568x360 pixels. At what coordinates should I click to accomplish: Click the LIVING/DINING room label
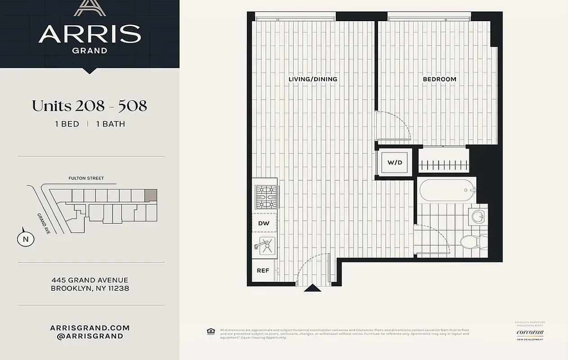pyautogui.click(x=313, y=79)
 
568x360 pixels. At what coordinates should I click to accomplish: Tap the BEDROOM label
pyautogui.click(x=439, y=79)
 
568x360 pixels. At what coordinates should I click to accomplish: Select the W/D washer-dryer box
pyautogui.click(x=394, y=162)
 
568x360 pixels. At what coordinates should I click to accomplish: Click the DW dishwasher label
pyautogui.click(x=263, y=223)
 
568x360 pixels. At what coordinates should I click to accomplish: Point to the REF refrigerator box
pyautogui.click(x=263, y=270)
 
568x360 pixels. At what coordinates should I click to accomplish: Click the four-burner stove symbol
pyautogui.click(x=267, y=197)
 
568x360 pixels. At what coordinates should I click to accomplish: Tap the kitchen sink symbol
pyautogui.click(x=265, y=247)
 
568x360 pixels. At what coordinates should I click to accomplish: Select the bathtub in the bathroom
pyautogui.click(x=447, y=190)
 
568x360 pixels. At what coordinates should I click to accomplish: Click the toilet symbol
pyautogui.click(x=469, y=242)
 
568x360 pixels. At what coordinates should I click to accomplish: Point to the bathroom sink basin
pyautogui.click(x=477, y=217)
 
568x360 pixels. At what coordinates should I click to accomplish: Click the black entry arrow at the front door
pyautogui.click(x=312, y=288)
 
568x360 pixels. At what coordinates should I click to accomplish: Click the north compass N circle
pyautogui.click(x=26, y=239)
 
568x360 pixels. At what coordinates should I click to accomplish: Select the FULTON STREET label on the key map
pyautogui.click(x=86, y=178)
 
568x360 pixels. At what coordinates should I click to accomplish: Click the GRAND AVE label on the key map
pyautogui.click(x=44, y=223)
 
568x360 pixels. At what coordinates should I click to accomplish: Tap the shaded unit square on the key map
pyautogui.click(x=151, y=195)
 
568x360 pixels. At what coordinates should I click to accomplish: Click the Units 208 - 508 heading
pyautogui.click(x=89, y=106)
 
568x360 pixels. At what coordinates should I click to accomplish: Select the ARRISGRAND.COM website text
pyautogui.click(x=90, y=328)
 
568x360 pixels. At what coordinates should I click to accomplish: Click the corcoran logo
pyautogui.click(x=530, y=333)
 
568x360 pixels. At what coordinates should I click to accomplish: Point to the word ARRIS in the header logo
pyautogui.click(x=90, y=34)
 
